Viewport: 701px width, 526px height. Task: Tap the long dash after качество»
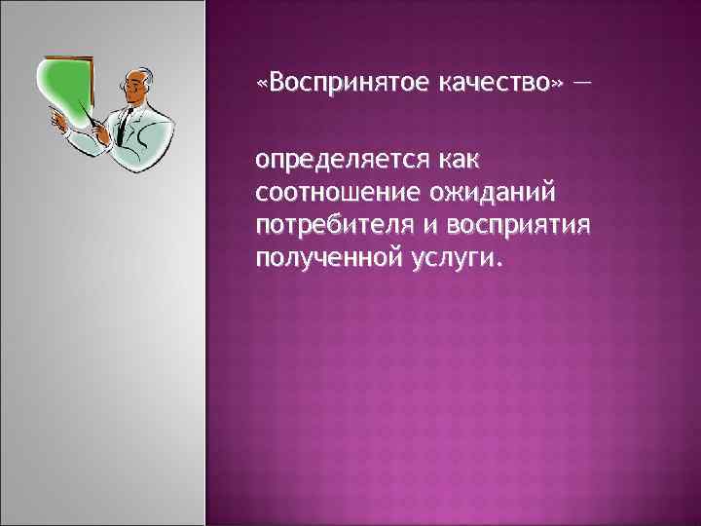coord(581,83)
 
